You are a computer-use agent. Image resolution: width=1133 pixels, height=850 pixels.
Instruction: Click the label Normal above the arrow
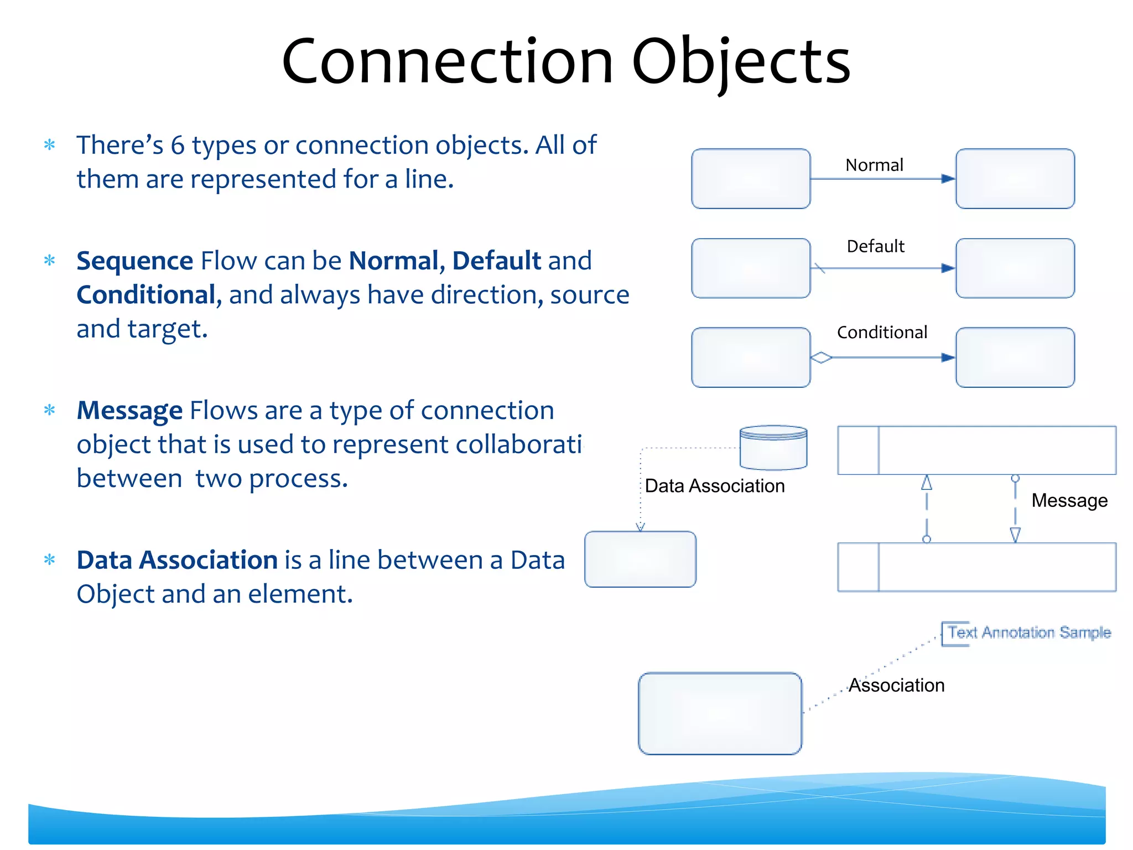(874, 165)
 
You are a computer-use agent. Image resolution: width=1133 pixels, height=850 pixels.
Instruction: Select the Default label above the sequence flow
(875, 246)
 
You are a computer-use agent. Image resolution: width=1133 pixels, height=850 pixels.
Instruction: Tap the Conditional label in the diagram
(882, 333)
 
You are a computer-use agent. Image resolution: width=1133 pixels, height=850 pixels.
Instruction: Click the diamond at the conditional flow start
(821, 358)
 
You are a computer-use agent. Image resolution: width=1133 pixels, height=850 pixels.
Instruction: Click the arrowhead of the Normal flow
(948, 179)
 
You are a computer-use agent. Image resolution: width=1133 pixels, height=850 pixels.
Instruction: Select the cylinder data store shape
(773, 448)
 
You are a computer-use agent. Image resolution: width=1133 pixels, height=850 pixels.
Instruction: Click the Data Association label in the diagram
(715, 486)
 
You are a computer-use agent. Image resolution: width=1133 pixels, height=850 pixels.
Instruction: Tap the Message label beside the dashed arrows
(1069, 500)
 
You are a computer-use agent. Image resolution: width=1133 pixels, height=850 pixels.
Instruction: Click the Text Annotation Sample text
(1029, 633)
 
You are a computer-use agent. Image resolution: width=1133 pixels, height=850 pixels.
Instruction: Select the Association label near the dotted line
(896, 686)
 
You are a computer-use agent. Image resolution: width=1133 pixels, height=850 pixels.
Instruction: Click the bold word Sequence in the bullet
(134, 261)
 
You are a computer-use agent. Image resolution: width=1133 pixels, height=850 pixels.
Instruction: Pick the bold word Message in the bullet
(129, 411)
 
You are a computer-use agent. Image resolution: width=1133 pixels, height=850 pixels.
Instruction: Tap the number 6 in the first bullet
(177, 146)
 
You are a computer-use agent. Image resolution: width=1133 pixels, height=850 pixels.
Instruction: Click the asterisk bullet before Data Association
(50, 560)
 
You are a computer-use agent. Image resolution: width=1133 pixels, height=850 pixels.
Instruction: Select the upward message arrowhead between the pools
(927, 483)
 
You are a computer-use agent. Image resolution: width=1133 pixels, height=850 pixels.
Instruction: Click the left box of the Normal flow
(751, 179)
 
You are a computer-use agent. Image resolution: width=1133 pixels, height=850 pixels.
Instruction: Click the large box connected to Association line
(720, 713)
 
